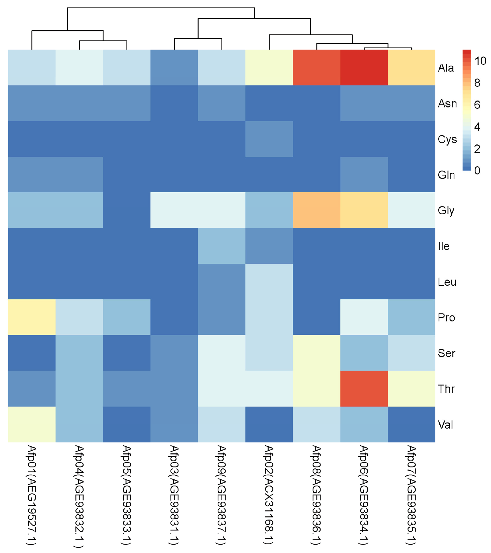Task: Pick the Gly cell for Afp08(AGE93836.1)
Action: pyautogui.click(x=316, y=210)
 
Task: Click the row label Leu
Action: pyautogui.click(x=447, y=282)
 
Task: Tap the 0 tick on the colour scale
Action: pyautogui.click(x=477, y=170)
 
